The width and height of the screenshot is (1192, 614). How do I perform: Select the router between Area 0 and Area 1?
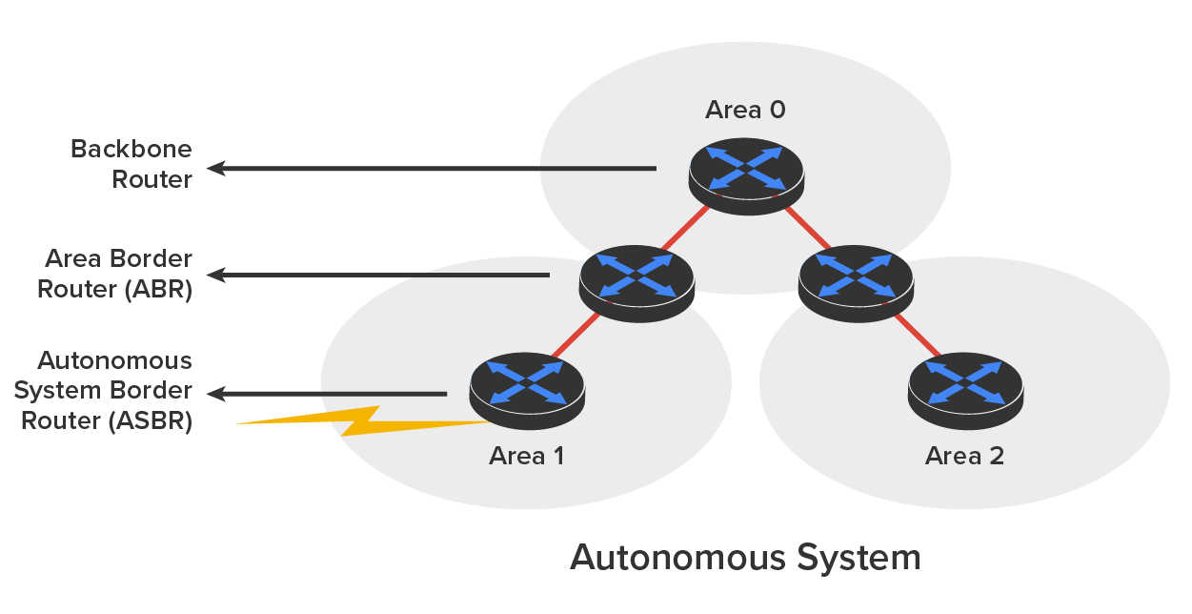tap(637, 282)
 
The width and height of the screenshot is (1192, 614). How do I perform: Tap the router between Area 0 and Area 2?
tap(856, 281)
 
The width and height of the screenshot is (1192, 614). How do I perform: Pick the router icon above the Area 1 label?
tap(527, 389)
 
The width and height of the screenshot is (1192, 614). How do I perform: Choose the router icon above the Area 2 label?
tap(965, 389)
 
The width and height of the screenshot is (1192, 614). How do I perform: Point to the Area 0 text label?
tap(745, 110)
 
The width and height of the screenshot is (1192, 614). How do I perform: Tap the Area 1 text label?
tap(526, 456)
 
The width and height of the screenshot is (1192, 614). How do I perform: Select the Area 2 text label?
tap(964, 456)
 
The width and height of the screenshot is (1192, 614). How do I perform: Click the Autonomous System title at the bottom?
tap(745, 557)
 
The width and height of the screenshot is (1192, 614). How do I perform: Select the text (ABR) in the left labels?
tap(157, 290)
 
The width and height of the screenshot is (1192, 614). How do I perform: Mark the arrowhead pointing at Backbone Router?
tap(216, 169)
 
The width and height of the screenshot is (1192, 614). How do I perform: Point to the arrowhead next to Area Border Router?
tap(216, 276)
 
